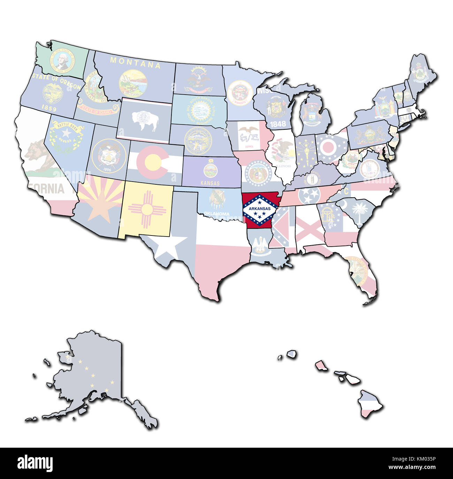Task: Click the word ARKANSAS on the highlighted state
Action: [x=260, y=209]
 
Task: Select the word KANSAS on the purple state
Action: [x=210, y=183]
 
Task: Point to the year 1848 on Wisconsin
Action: [x=278, y=123]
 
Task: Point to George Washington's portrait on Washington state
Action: [x=62, y=60]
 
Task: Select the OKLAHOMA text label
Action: [x=217, y=214]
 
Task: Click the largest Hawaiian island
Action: [x=370, y=404]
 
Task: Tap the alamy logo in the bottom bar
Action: [x=35, y=463]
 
